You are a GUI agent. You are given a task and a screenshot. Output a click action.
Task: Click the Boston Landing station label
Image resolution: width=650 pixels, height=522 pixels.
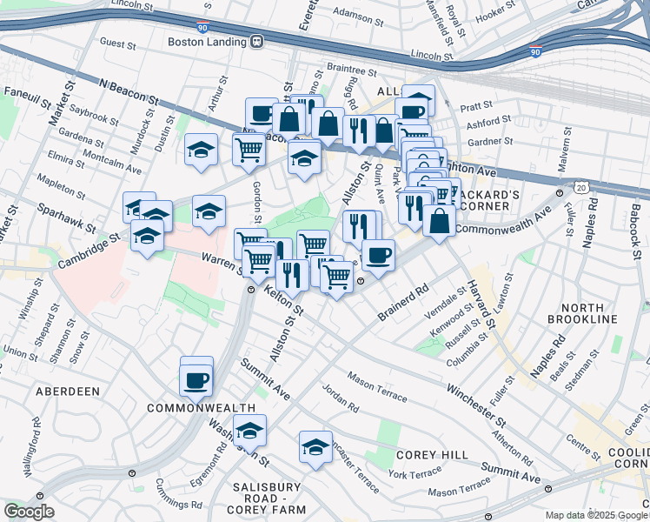coord(209,41)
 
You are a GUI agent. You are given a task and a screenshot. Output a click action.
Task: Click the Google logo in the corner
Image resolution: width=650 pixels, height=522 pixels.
coord(28,512)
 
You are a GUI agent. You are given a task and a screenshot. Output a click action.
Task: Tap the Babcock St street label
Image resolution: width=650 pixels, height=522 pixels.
coord(635,224)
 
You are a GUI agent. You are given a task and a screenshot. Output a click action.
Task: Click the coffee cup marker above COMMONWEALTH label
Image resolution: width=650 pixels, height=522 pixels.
coord(196,379)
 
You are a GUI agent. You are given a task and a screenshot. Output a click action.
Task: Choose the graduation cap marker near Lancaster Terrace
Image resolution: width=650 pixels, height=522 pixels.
coord(315,446)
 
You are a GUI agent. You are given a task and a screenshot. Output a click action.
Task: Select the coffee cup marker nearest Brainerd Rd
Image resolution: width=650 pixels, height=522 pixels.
coord(378,255)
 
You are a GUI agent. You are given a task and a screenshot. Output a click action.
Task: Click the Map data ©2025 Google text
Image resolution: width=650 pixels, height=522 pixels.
coord(595,515)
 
